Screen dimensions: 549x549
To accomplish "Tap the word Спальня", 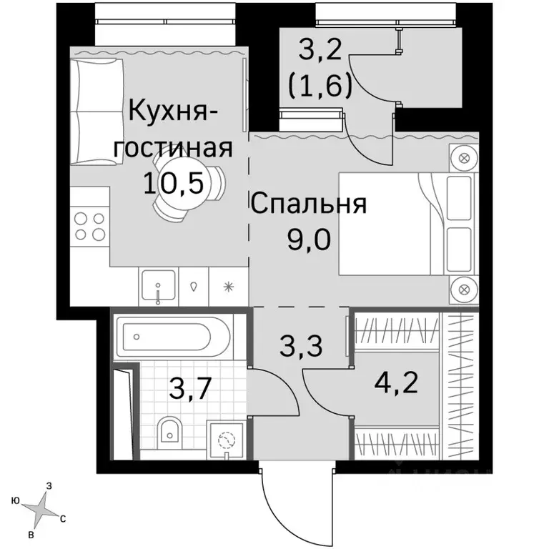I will (308, 205).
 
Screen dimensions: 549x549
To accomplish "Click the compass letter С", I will (63, 520).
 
